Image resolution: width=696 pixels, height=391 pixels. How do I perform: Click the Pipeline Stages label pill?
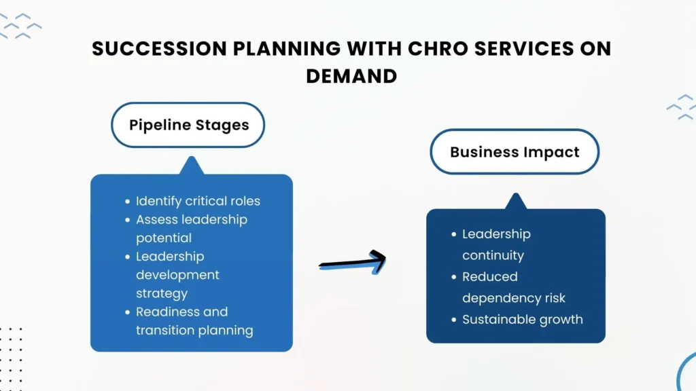click(188, 125)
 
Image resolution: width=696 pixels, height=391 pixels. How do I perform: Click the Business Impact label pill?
click(515, 151)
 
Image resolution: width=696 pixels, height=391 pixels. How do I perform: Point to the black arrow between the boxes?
click(352, 261)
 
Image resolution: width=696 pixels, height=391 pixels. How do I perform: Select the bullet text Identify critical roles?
click(198, 201)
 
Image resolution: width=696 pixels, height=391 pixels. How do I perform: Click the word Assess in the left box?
click(156, 219)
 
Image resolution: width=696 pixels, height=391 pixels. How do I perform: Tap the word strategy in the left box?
click(161, 293)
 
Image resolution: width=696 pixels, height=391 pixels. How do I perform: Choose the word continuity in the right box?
click(493, 255)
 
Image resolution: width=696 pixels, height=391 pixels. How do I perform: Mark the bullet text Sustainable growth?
click(522, 319)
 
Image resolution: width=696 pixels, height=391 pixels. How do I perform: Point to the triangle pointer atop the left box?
click(191, 166)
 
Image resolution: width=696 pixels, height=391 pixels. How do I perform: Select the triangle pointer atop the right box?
click(515, 201)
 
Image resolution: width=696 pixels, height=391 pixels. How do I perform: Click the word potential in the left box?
click(163, 238)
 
